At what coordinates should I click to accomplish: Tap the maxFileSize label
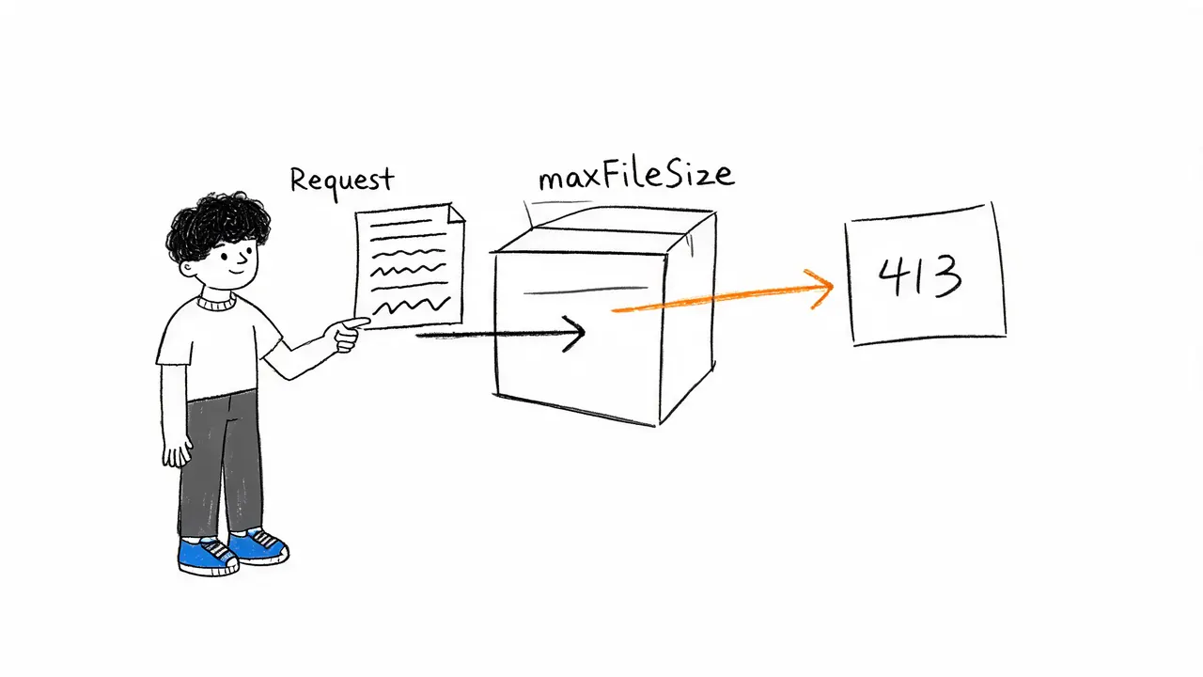636,176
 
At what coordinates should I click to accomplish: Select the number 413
920,276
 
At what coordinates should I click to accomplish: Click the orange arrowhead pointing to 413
820,289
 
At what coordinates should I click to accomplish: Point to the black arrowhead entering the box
574,334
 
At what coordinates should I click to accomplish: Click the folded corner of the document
456,213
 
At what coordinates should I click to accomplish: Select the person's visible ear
187,268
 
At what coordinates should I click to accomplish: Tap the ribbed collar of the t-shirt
216,303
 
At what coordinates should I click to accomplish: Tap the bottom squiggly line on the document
411,307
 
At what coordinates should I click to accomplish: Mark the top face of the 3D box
607,231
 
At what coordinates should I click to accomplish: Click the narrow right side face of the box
689,317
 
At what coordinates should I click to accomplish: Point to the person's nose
244,260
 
